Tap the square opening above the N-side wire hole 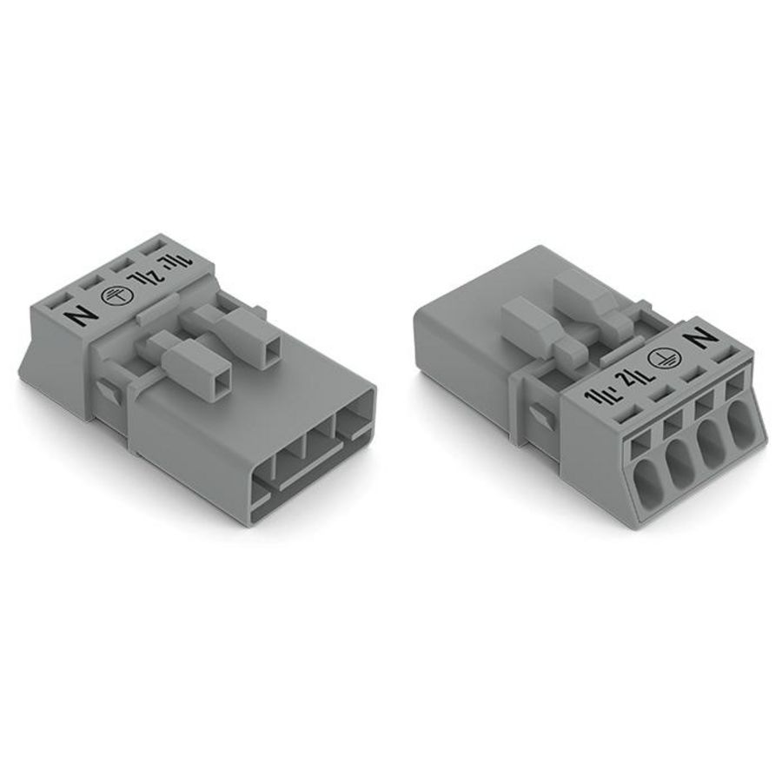pyautogui.click(x=738, y=382)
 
